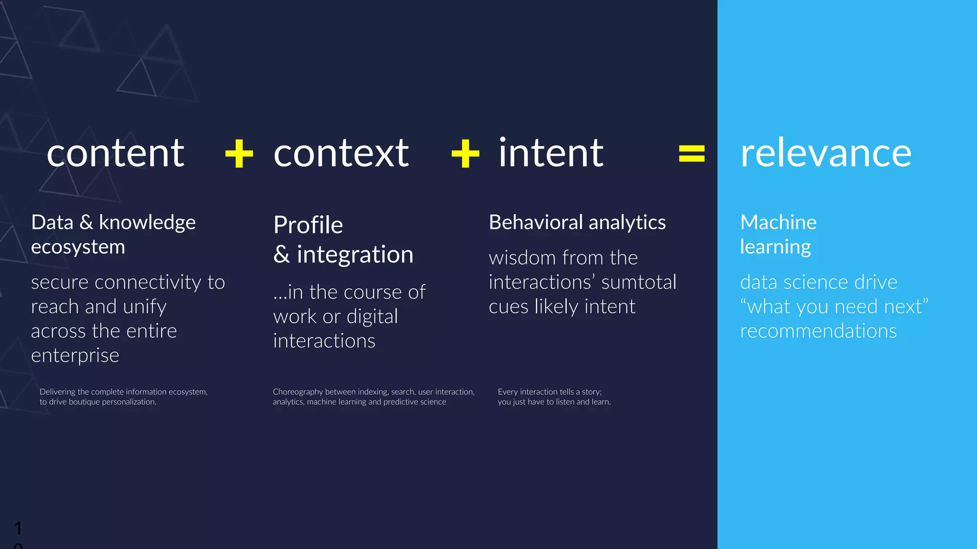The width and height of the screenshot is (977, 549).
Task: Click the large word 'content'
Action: (115, 153)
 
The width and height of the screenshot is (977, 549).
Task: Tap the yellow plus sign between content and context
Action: (239, 153)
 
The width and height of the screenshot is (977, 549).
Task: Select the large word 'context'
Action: (341, 153)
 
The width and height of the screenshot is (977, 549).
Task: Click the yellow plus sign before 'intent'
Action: (465, 153)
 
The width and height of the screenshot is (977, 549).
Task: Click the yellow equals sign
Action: (692, 153)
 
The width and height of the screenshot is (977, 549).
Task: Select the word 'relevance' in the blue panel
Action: (826, 153)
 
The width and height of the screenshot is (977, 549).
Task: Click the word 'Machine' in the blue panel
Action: (778, 222)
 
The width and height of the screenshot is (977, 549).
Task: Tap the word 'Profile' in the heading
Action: (308, 225)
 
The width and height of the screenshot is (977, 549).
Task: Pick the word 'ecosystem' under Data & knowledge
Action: (78, 247)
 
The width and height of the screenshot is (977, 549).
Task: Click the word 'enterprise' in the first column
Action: (75, 356)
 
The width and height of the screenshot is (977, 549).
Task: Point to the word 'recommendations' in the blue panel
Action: (818, 331)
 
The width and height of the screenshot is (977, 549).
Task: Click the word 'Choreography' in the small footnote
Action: (298, 392)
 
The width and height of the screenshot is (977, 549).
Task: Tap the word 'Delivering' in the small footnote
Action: (57, 392)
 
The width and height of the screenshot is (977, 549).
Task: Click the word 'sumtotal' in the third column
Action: (639, 282)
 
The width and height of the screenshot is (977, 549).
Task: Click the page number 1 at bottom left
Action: (18, 528)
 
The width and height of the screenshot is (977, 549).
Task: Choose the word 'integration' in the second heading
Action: (355, 254)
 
